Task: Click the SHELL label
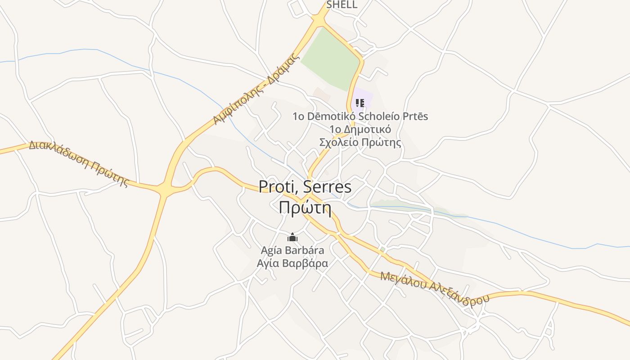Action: click(x=342, y=5)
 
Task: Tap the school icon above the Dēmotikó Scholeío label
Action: click(x=360, y=103)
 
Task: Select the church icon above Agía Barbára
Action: click(x=292, y=237)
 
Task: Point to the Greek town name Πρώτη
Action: click(x=305, y=208)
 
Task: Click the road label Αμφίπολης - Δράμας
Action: click(x=256, y=89)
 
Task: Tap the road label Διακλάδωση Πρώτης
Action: click(x=79, y=164)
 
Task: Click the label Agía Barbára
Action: click(x=292, y=250)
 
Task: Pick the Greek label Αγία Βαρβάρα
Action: click(x=292, y=263)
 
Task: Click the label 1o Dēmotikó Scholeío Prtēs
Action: click(x=360, y=117)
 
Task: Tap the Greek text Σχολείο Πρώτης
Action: click(x=360, y=143)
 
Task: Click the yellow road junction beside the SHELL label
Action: click(x=319, y=20)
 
